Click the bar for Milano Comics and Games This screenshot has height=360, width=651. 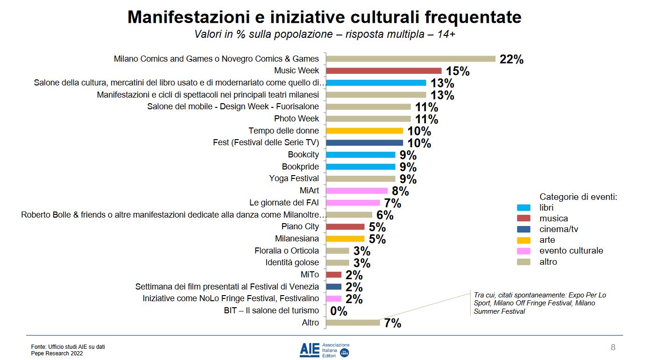tap(410, 59)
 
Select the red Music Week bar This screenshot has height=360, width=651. tap(383, 71)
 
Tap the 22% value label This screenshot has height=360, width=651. tap(511, 60)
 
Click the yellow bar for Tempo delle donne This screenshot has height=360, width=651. tap(364, 131)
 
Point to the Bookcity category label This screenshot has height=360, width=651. tap(303, 155)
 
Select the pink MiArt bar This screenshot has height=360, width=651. tap(357, 191)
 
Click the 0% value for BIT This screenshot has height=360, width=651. tap(339, 311)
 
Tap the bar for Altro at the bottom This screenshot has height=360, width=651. tap(353, 323)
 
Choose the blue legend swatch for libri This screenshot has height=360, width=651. tap(524, 208)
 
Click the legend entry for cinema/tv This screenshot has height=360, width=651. tap(559, 229)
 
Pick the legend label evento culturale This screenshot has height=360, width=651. tap(571, 251)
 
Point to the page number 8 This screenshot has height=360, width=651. tap(613, 347)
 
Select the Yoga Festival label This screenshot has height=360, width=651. tap(294, 178)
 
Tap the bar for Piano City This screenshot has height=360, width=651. tap(345, 227)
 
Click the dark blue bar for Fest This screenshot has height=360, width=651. tap(364, 143)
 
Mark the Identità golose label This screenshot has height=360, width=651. tap(292, 262)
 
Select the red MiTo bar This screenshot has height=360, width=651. tap(333, 275)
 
